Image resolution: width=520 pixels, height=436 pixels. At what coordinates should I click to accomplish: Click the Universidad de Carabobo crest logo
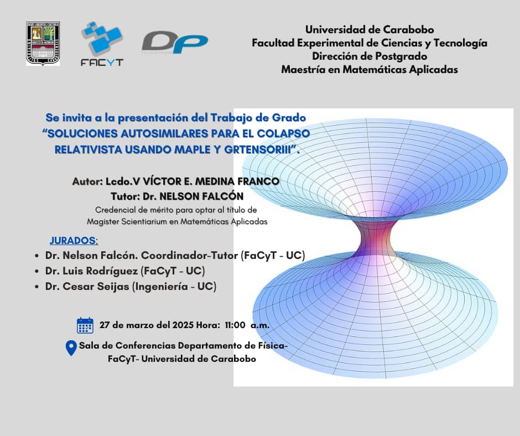43,44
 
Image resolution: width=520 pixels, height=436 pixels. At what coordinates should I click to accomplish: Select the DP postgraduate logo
174,43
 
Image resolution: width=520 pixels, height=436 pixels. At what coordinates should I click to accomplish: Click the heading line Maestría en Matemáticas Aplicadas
370,70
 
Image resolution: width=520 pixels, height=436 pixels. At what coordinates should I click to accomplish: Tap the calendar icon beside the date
85,325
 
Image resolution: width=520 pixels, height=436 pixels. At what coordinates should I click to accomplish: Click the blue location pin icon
71,347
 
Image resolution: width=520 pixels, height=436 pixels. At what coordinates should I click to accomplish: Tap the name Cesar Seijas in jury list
100,287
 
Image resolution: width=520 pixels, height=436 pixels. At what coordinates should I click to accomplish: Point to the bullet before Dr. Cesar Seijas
36,287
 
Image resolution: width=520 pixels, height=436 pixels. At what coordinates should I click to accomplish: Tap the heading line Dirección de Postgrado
370,56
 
